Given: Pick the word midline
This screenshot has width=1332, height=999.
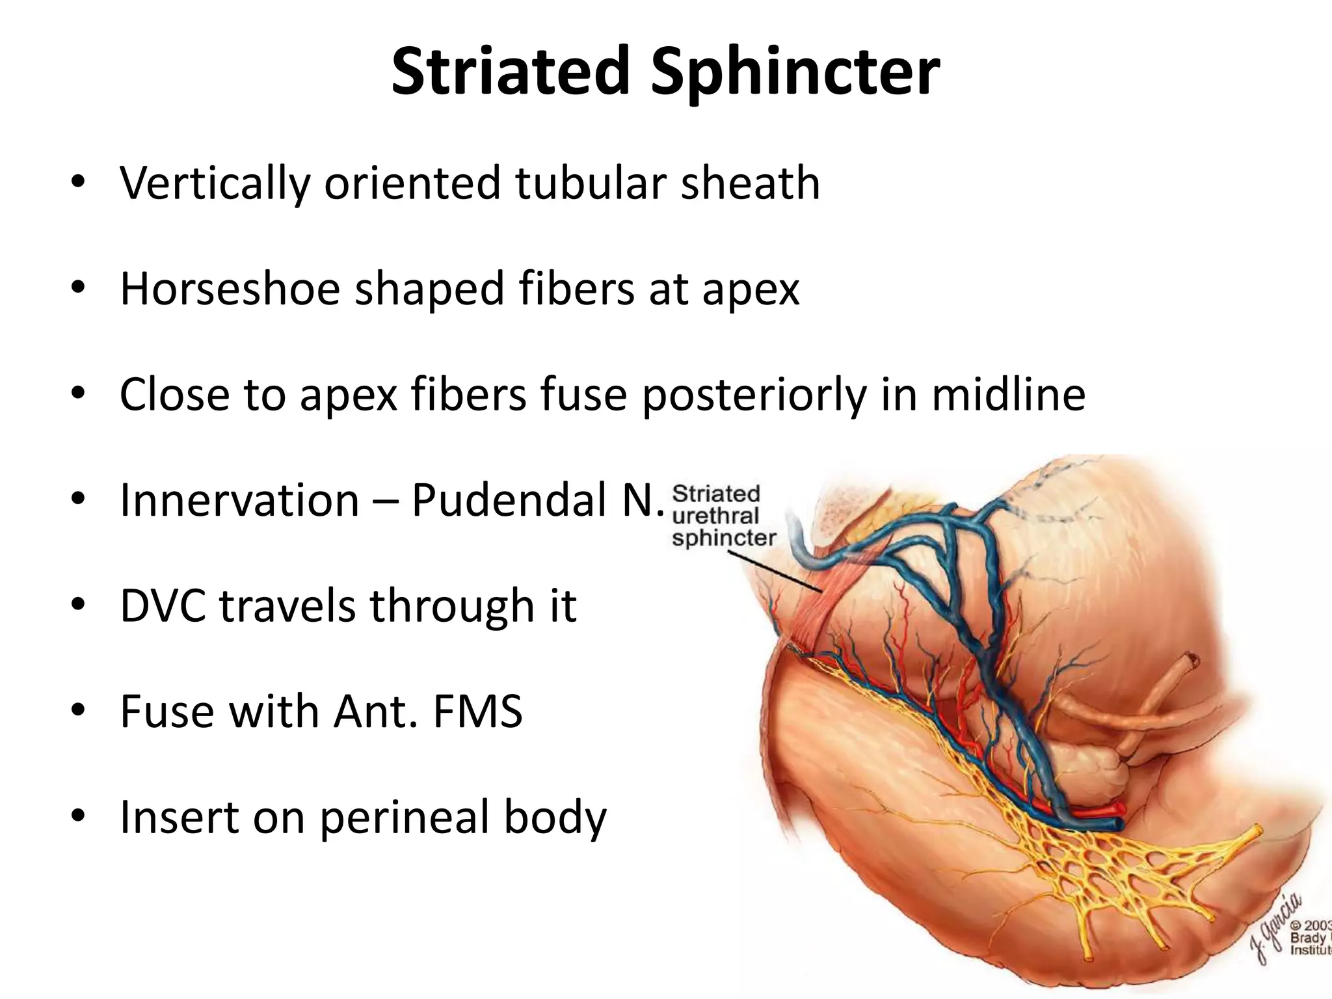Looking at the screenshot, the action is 1009,395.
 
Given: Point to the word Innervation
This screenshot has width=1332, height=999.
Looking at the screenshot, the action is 239,500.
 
